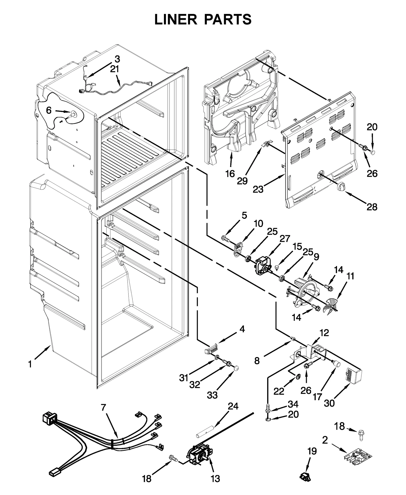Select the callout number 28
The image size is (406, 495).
pyautogui.click(x=372, y=207)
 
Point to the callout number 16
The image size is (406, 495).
pyautogui.click(x=230, y=174)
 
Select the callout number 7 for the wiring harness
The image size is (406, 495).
pyautogui.click(x=103, y=407)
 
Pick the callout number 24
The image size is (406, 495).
pyautogui.click(x=233, y=406)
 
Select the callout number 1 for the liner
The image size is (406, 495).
pyautogui.click(x=30, y=364)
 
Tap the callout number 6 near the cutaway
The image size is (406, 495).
pyautogui.click(x=49, y=110)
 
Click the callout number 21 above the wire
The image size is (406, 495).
pyautogui.click(x=114, y=69)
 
